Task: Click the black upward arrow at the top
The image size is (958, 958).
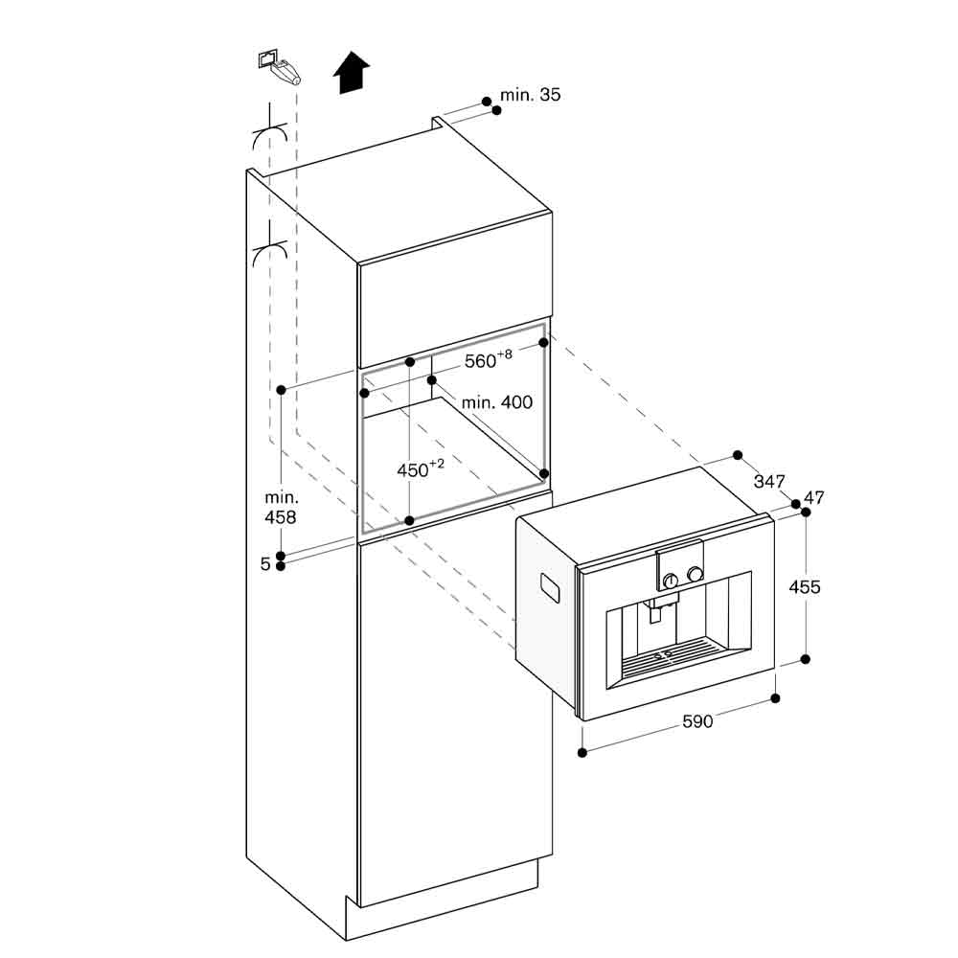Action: click(x=353, y=75)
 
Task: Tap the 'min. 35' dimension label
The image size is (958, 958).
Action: click(x=530, y=95)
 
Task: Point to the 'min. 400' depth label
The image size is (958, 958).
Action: click(x=496, y=402)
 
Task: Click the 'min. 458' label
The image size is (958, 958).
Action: click(x=282, y=507)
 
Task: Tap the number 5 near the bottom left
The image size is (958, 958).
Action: click(x=265, y=565)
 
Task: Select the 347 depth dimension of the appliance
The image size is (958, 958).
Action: click(x=768, y=482)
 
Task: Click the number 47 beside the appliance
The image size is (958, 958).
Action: click(x=814, y=497)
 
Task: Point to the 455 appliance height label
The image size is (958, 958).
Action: click(x=804, y=586)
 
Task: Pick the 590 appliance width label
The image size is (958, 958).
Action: click(x=697, y=721)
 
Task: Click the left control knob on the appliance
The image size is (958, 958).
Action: click(x=672, y=579)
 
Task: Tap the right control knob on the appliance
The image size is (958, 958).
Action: click(x=695, y=574)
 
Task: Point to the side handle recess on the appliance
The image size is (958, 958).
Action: click(x=550, y=588)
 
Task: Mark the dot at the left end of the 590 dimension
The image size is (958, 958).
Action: click(x=583, y=751)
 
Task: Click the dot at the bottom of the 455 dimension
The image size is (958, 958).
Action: click(x=805, y=659)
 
